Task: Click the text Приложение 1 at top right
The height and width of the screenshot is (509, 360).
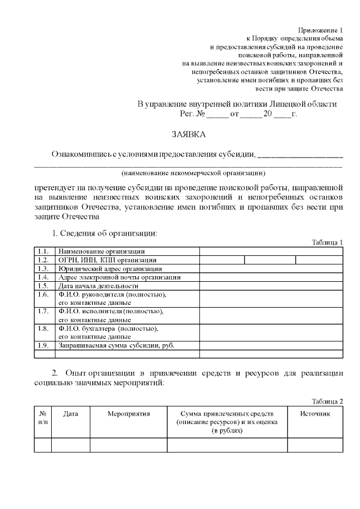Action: pyautogui.click(x=320, y=29)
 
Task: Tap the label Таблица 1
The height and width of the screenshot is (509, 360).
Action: pyautogui.click(x=327, y=242)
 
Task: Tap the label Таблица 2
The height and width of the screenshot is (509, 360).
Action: pyautogui.click(x=327, y=400)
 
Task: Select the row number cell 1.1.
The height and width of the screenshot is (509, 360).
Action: pyautogui.click(x=44, y=251)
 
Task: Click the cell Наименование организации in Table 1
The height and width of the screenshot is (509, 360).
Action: pyautogui.click(x=101, y=251)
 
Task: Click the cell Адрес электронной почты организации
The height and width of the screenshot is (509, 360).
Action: pyautogui.click(x=119, y=277)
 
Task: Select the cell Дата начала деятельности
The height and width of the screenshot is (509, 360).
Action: pyautogui.click(x=98, y=285)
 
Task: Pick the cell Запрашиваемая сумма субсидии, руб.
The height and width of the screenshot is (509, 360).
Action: pyautogui.click(x=116, y=345)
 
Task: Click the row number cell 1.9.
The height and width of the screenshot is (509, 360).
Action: pyautogui.click(x=44, y=345)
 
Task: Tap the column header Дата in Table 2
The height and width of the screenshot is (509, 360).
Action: pyautogui.click(x=70, y=414)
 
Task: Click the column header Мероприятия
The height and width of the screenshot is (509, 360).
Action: pyautogui.click(x=128, y=414)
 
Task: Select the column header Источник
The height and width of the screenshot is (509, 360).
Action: pyautogui.click(x=315, y=414)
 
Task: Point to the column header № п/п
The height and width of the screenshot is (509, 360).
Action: pyautogui.click(x=43, y=418)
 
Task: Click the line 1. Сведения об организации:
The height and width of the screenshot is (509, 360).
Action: pyautogui.click(x=104, y=233)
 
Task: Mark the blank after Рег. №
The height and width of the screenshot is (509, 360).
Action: pyautogui.click(x=218, y=114)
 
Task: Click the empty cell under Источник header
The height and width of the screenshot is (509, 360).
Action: pyautogui.click(x=315, y=444)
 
